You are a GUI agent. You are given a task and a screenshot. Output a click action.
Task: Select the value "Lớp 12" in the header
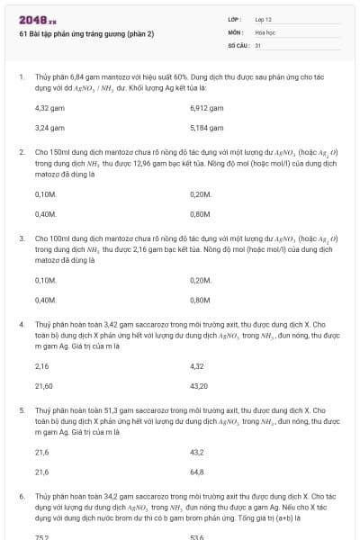[264, 18]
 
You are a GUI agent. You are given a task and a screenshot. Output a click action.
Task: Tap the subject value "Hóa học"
[265, 31]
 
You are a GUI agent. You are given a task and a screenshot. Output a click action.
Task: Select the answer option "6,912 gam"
[207, 107]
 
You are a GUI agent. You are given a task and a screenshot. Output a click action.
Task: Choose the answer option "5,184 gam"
[207, 128]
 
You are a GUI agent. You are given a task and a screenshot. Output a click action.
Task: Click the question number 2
[21, 153]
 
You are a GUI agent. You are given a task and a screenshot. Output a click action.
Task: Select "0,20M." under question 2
[201, 193]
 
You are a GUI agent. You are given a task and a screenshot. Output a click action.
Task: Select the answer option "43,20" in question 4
[201, 385]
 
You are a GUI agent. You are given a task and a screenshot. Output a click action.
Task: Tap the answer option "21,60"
[43, 385]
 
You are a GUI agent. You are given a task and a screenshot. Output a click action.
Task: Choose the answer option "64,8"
[197, 472]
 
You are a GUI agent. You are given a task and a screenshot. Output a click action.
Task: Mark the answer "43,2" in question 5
[197, 452]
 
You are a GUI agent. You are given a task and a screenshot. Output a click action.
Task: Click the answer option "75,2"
[41, 536]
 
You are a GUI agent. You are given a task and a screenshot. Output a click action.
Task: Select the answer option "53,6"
[197, 536]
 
